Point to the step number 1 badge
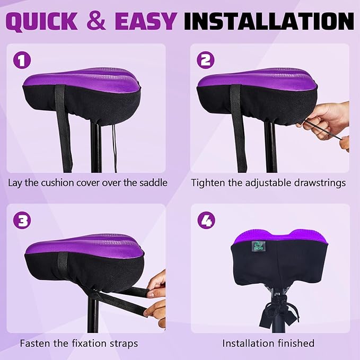22,60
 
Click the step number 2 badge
205,60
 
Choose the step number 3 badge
22,219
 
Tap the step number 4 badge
205,219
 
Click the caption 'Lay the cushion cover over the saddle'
87,183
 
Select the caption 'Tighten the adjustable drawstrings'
268,183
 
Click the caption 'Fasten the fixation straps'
79,344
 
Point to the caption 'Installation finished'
268,344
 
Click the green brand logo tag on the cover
258,247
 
